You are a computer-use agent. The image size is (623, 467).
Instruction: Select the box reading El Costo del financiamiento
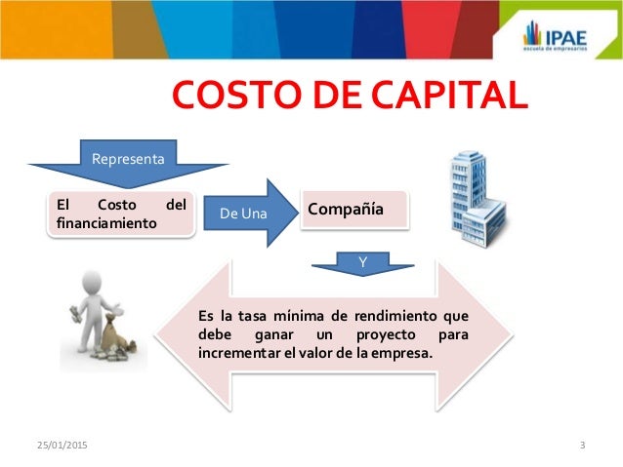(121, 214)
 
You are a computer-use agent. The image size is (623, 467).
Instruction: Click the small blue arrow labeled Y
(361, 260)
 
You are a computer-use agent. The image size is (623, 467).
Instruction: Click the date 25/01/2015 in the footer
(57, 447)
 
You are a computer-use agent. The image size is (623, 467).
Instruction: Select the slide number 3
(582, 447)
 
